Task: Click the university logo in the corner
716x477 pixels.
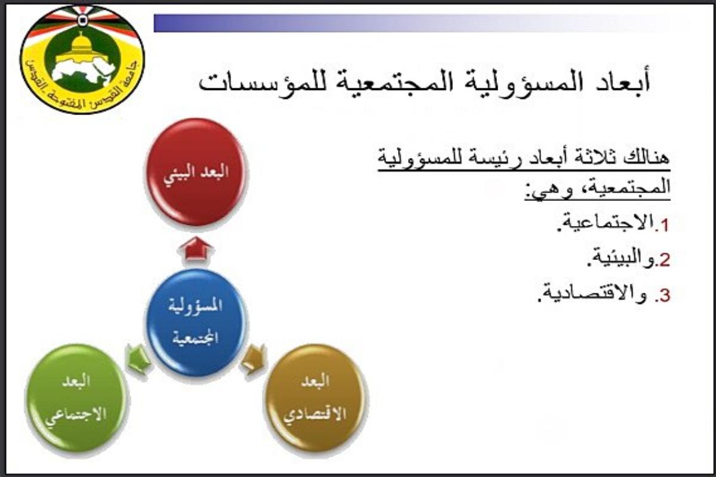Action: coord(82,60)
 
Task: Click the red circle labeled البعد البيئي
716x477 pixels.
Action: coord(196,172)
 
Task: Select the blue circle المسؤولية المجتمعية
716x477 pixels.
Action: coord(196,322)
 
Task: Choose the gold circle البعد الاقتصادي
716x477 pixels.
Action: coord(315,398)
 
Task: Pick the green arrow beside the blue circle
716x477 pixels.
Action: coord(138,360)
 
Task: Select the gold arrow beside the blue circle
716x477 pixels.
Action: coord(254,360)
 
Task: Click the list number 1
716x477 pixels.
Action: coord(664,225)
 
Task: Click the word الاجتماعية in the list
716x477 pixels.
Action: coord(606,224)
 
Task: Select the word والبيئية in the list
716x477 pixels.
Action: coord(620,259)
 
